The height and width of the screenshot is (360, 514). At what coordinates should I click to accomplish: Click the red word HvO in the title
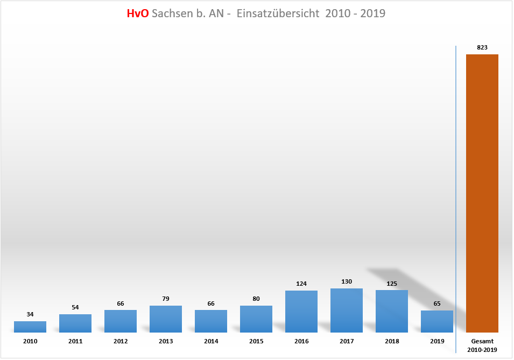point(137,14)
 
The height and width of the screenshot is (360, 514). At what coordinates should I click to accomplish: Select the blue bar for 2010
point(30,327)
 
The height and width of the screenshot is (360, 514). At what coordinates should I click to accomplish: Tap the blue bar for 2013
point(166,319)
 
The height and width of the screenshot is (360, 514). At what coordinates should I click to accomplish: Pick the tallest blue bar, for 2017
point(347,310)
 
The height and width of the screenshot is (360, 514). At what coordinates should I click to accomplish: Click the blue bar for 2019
point(437,321)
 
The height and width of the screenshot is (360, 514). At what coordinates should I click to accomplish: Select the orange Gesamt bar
point(482,194)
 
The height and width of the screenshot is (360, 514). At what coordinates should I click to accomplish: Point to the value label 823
point(482,47)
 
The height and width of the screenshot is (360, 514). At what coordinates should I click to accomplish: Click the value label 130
point(347,281)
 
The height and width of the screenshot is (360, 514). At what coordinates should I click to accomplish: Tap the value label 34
point(30,314)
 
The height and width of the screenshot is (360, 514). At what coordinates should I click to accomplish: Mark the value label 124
point(301,284)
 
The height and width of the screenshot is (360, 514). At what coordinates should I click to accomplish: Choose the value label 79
point(166,299)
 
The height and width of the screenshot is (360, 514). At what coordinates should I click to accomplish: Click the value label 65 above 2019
point(437,303)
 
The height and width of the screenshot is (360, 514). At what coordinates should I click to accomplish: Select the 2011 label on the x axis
point(75,342)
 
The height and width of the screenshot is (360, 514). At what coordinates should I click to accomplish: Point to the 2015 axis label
point(256,342)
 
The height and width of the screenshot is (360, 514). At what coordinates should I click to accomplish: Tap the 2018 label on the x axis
point(392,342)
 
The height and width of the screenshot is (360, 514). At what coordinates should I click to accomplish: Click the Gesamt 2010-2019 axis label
point(482,345)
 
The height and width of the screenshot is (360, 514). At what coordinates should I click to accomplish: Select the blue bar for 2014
point(211,321)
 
